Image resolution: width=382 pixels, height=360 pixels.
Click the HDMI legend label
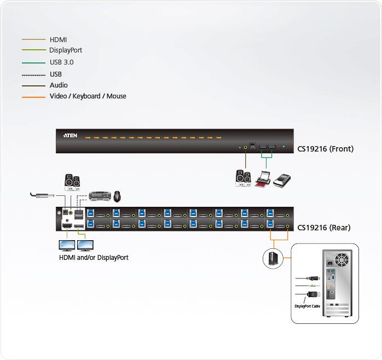click(x=59, y=39)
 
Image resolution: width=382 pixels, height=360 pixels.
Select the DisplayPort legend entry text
click(x=66, y=50)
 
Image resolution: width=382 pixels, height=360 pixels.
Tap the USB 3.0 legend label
click(x=61, y=62)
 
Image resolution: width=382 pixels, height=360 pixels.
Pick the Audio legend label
click(x=59, y=85)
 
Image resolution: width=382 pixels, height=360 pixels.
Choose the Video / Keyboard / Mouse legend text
click(x=88, y=96)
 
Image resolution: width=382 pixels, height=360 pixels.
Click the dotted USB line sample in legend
click(x=33, y=74)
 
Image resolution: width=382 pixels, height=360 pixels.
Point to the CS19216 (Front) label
click(x=325, y=149)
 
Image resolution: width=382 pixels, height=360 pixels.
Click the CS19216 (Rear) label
click(x=324, y=228)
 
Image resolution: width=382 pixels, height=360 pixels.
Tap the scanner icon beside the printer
click(x=284, y=179)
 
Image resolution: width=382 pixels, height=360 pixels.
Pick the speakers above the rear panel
click(x=72, y=182)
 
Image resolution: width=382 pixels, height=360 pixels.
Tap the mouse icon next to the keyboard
click(x=117, y=195)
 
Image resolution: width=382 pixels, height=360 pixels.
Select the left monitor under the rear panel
click(x=66, y=245)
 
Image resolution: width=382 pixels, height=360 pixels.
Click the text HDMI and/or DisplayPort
click(x=94, y=258)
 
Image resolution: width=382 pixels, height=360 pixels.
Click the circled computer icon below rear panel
click(x=273, y=258)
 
